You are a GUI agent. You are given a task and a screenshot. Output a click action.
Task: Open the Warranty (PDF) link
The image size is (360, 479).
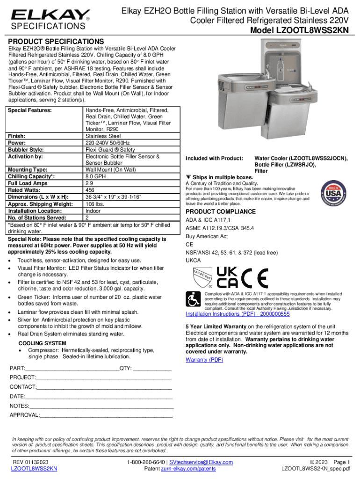tap(204, 360)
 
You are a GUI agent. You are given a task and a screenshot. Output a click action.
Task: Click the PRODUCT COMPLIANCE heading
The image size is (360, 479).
tap(221, 211)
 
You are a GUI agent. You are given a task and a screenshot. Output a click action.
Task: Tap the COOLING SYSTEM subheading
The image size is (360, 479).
tap(42, 343)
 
